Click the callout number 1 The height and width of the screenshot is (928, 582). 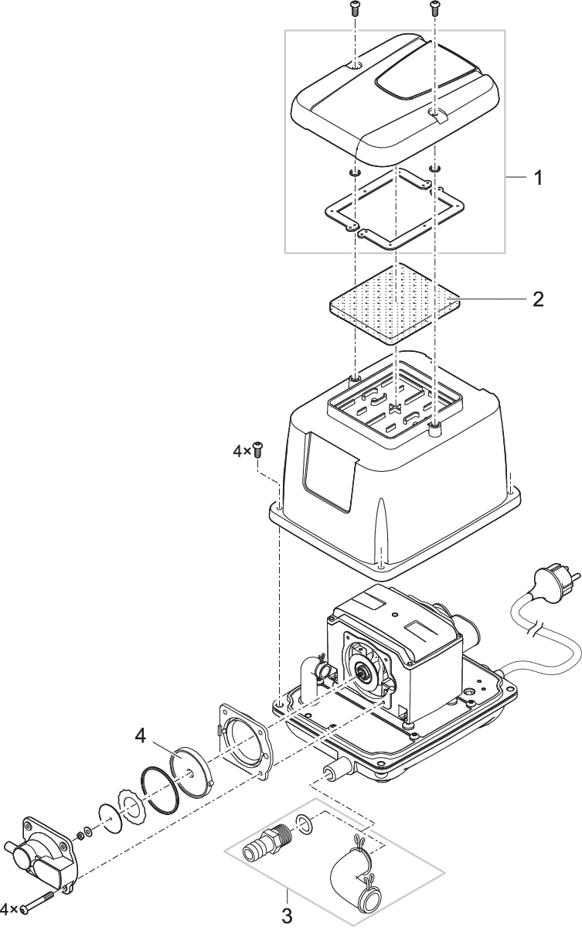[537, 178]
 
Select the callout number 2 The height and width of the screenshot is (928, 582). [538, 299]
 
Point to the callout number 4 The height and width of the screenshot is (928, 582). [141, 736]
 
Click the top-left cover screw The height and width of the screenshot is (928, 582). [354, 9]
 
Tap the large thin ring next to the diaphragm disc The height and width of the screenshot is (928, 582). [160, 786]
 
